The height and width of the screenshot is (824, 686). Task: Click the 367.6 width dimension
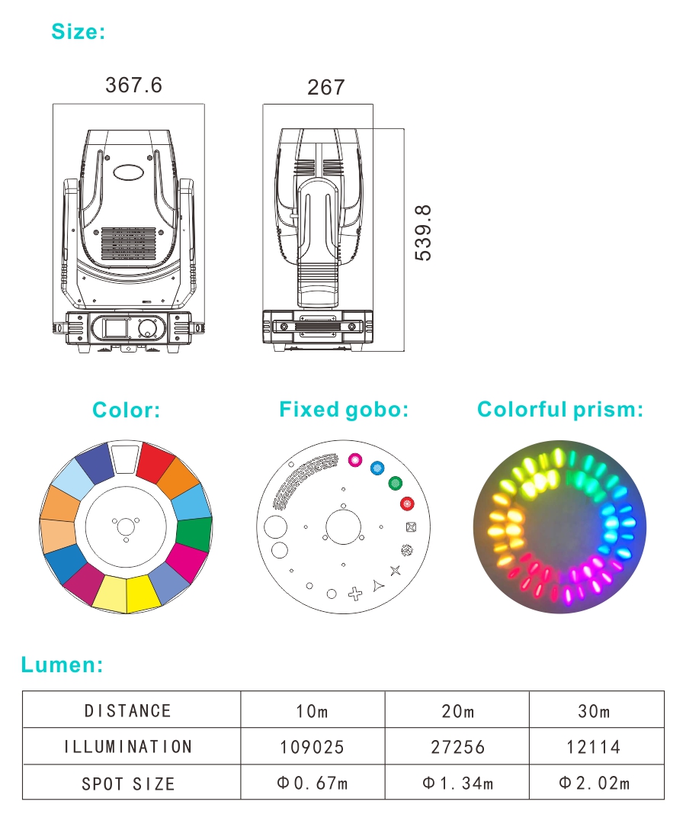(x=133, y=85)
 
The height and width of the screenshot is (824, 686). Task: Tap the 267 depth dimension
(x=326, y=87)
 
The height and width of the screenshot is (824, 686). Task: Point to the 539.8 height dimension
(x=423, y=233)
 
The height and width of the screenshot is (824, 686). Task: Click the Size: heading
(x=79, y=31)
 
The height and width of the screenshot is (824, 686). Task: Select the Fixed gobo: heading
(x=344, y=410)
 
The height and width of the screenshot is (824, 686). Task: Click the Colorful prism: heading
(x=560, y=410)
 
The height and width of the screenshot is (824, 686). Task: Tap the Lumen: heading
(x=62, y=665)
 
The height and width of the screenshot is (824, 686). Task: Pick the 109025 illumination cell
(x=312, y=747)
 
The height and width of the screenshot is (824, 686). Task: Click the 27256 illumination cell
(x=457, y=747)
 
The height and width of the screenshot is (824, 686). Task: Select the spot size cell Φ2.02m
(x=594, y=783)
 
